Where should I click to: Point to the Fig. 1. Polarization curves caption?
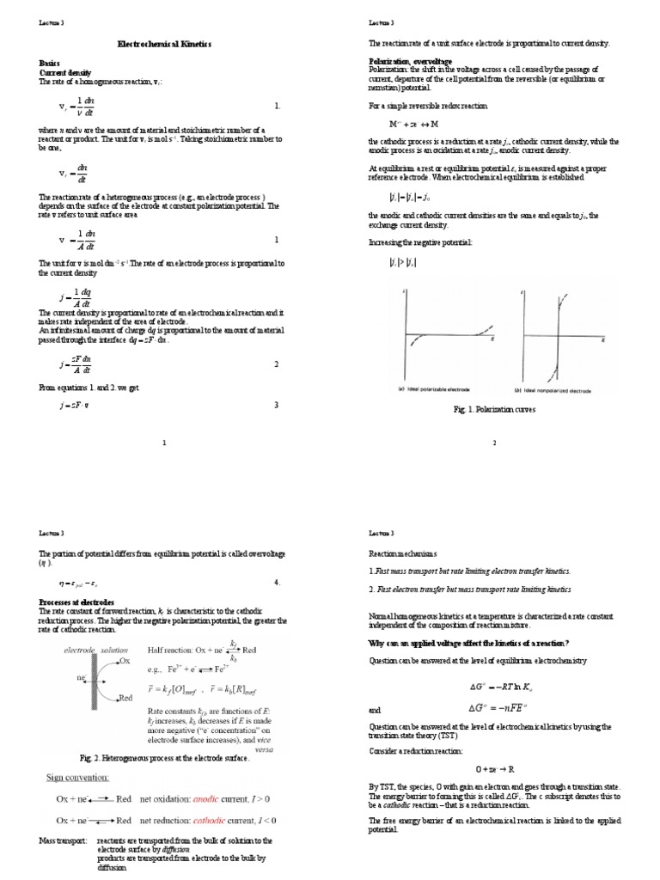pyautogui.click(x=494, y=410)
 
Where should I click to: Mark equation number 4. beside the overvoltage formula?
pyautogui.click(x=277, y=583)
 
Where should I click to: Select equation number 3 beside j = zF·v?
pyautogui.click(x=276, y=406)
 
